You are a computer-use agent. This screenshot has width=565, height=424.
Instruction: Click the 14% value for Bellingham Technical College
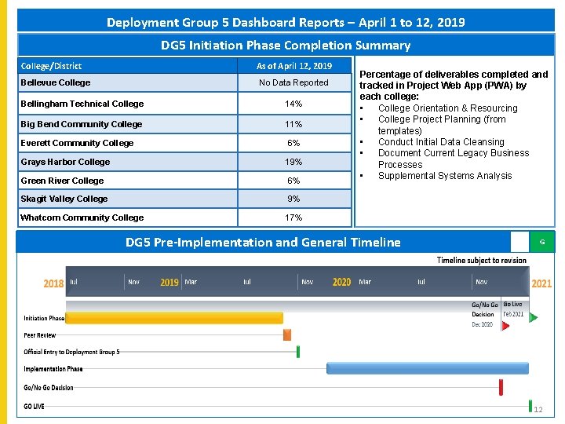(x=293, y=104)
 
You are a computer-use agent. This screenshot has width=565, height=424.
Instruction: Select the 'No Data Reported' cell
(x=293, y=82)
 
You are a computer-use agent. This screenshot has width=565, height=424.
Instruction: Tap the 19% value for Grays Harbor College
(x=293, y=162)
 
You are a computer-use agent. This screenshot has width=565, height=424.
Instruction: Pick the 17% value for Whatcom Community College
(x=293, y=217)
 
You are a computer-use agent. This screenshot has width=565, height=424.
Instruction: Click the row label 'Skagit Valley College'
(x=64, y=199)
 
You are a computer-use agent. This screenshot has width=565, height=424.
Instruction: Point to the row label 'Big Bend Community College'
(x=81, y=124)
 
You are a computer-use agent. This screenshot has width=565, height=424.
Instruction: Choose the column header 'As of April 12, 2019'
(x=293, y=66)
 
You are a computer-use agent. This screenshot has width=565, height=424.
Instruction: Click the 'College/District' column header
(x=51, y=66)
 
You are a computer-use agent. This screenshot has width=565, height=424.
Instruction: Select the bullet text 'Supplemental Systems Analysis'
(x=444, y=176)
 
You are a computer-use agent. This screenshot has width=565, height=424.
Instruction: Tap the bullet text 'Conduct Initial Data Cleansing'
(x=441, y=142)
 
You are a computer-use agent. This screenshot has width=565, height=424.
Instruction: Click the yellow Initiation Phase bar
(x=173, y=318)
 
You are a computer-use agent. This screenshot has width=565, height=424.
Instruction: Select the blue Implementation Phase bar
(x=416, y=367)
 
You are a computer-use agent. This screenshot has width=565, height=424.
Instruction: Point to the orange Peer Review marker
(x=287, y=335)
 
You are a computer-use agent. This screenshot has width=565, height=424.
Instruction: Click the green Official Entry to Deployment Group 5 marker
(x=298, y=352)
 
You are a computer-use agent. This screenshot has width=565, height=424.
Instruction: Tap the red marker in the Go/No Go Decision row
(x=501, y=387)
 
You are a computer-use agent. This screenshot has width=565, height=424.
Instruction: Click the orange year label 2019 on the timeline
(x=169, y=282)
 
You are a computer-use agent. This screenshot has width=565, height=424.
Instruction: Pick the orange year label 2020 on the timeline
(x=341, y=282)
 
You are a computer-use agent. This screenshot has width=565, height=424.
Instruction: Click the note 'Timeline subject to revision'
(x=481, y=261)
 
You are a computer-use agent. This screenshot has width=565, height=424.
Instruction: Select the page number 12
(x=538, y=410)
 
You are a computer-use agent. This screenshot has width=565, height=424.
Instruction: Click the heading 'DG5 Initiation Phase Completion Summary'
(x=286, y=46)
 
